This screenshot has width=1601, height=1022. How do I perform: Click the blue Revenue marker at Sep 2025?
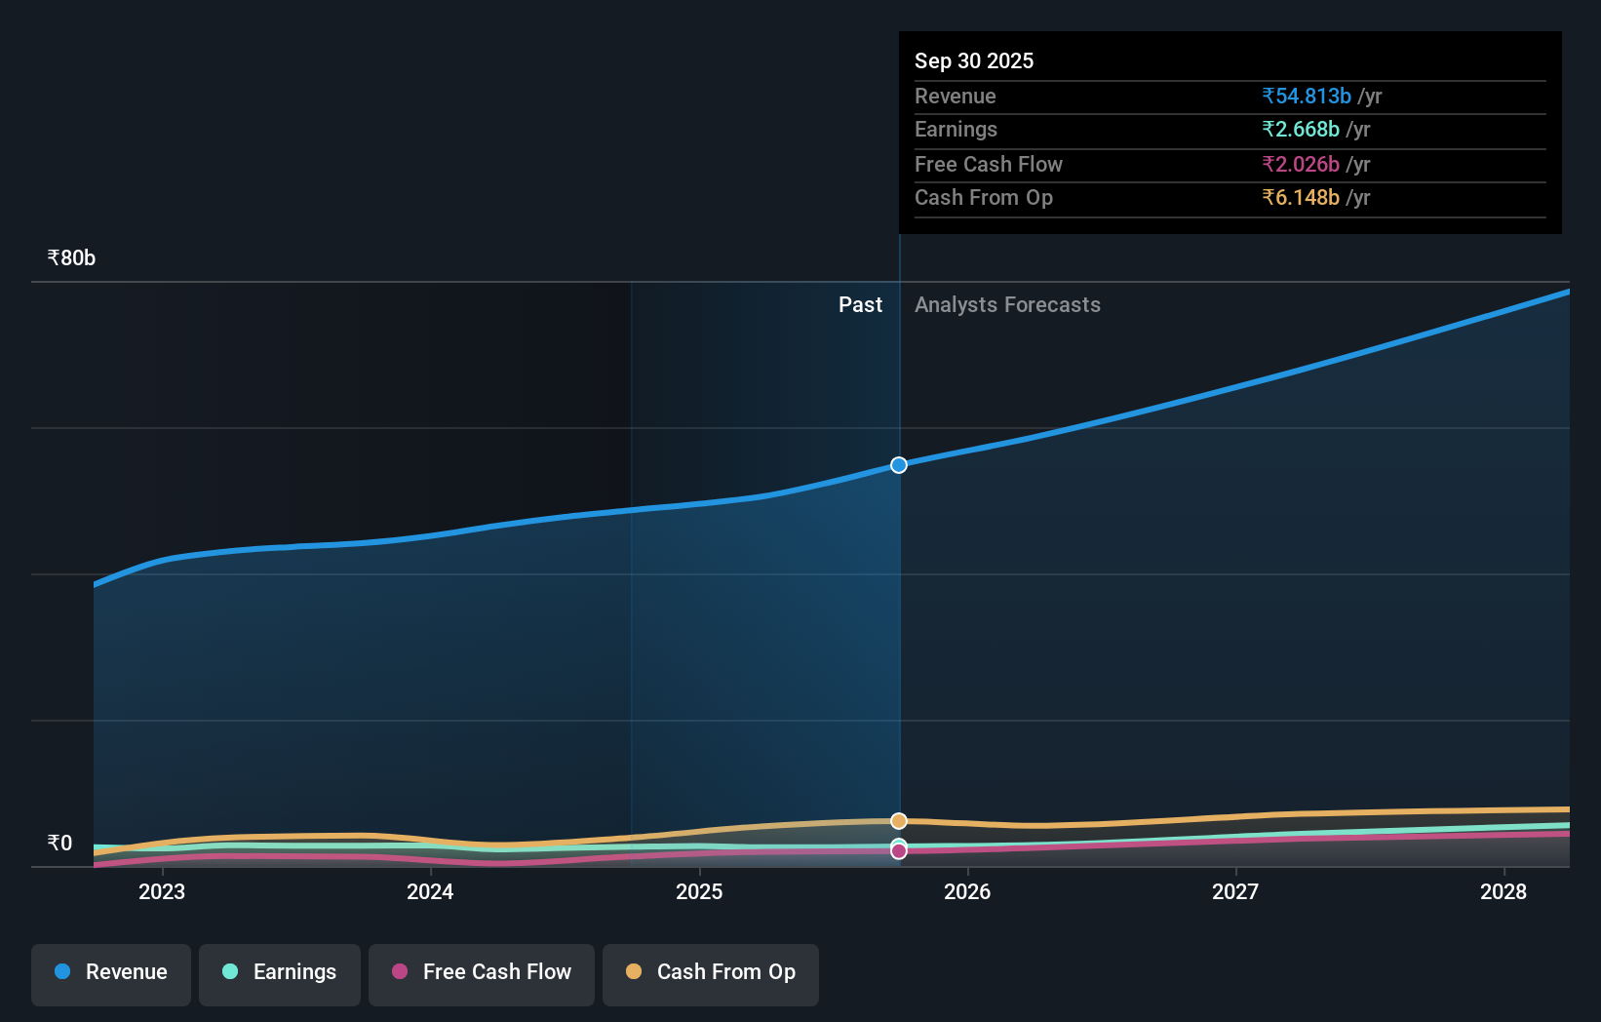pyautogui.click(x=899, y=465)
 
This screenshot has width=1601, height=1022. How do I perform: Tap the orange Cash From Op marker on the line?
pyautogui.click(x=899, y=821)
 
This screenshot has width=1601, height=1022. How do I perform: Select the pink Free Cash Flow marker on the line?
pyautogui.click(x=899, y=851)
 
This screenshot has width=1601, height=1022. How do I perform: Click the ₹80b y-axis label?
pyautogui.click(x=71, y=258)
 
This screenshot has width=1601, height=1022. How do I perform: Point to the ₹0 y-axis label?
pyautogui.click(x=59, y=844)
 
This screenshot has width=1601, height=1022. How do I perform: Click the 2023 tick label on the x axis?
pyautogui.click(x=162, y=892)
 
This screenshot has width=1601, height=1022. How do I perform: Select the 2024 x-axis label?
pyautogui.click(x=430, y=892)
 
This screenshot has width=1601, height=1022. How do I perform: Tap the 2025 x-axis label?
pyautogui.click(x=699, y=892)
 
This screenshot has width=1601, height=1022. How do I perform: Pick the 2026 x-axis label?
pyautogui.click(x=967, y=892)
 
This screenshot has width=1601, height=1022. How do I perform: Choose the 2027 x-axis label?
pyautogui.click(x=1235, y=892)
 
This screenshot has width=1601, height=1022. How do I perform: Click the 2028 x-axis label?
pyautogui.click(x=1503, y=892)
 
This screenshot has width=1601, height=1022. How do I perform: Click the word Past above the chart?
pyautogui.click(x=860, y=305)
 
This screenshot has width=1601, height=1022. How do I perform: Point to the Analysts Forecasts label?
pyautogui.click(x=1007, y=305)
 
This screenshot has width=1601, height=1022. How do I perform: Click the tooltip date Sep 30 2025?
pyautogui.click(x=974, y=61)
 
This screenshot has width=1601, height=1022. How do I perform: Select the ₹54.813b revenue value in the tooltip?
pyautogui.click(x=1307, y=97)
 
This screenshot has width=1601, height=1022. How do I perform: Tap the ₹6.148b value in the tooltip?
pyautogui.click(x=1301, y=198)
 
